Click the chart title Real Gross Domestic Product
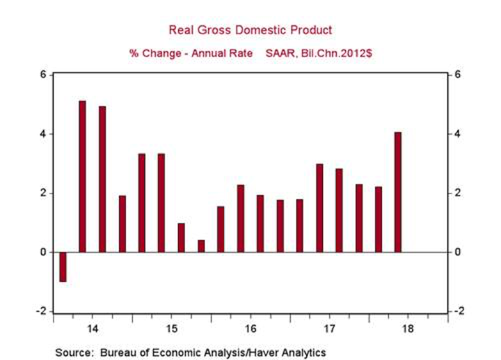(x=250, y=30)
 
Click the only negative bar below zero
(x=63, y=267)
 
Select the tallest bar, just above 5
(x=83, y=176)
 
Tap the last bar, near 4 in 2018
(x=398, y=192)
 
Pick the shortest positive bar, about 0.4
(x=201, y=246)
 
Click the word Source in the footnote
(x=71, y=352)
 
